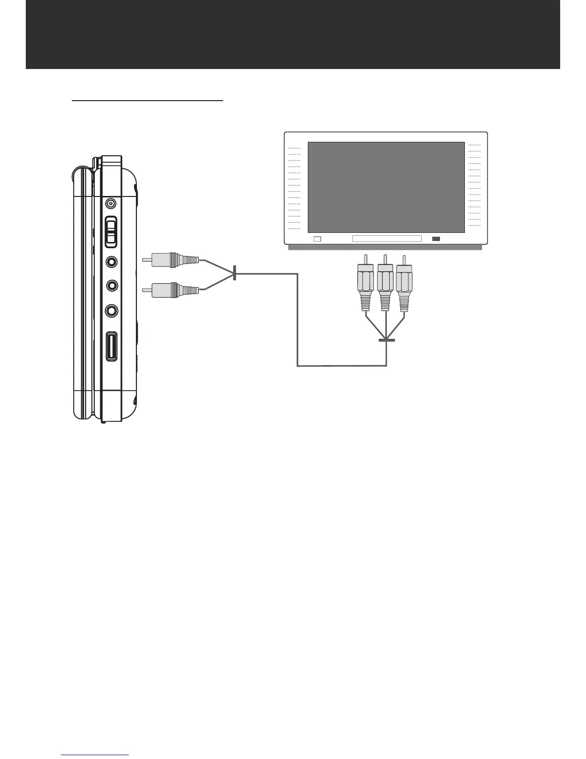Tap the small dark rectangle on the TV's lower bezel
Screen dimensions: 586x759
436,239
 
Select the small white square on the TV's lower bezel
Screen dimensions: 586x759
316,239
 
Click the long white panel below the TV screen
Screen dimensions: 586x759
387,239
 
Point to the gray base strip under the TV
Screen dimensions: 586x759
385,247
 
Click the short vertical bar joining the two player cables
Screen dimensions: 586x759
235,273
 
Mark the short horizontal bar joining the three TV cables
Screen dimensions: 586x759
386,341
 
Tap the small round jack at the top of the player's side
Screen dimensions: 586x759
111,204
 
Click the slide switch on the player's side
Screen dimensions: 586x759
111,232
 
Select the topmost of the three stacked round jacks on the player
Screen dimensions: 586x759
112,262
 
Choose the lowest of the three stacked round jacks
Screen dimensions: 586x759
112,310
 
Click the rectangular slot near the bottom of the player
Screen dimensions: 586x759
112,346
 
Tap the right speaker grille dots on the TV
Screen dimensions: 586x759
474,185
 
